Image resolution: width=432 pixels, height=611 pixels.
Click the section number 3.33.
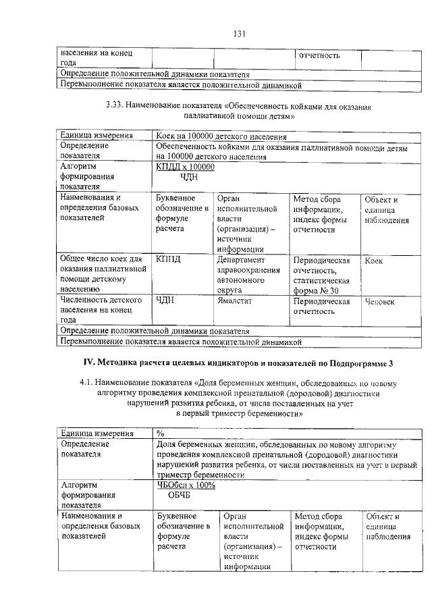coord(117,106)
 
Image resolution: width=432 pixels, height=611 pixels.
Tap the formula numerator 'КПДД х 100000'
coord(185,167)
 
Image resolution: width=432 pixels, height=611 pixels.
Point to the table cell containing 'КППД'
coord(169,259)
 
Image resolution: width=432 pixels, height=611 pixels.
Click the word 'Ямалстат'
coord(236,300)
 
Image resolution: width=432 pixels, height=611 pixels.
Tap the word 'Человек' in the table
coord(379,301)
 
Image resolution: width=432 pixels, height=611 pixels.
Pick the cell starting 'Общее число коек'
coord(103,274)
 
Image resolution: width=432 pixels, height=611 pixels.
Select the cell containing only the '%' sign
coord(160,433)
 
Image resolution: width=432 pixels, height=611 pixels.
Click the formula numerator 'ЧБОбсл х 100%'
coord(186,485)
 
